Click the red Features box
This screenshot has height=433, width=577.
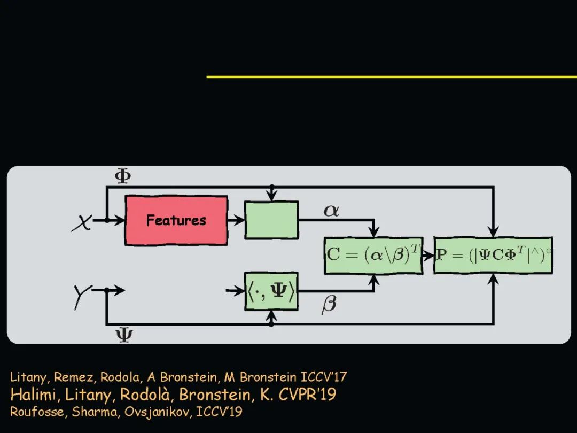point(176,220)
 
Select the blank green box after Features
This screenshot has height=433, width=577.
point(271,220)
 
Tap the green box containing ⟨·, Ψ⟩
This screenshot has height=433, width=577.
point(271,291)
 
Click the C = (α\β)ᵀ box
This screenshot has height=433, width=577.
point(373,255)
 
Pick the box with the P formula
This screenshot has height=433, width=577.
point(493,255)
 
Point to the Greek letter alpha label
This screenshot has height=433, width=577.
point(331,211)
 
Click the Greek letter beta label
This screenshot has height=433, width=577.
point(329,305)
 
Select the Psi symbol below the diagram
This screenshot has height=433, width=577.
point(124,335)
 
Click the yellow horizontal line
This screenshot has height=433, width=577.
point(392,76)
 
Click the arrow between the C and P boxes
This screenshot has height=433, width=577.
point(428,255)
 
